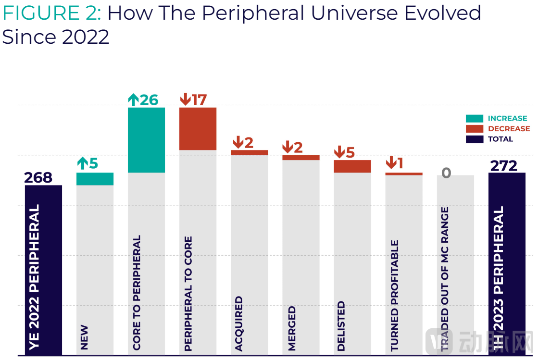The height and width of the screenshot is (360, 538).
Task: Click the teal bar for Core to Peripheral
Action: (146, 140)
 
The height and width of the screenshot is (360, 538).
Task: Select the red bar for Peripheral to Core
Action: (198, 129)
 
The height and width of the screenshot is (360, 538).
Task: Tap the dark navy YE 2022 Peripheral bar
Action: (43, 269)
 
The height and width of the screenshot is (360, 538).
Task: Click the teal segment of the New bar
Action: (95, 179)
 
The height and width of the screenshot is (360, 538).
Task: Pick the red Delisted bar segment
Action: (352, 166)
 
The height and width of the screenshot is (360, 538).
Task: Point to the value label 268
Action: (38, 177)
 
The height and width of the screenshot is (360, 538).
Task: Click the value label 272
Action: (503, 166)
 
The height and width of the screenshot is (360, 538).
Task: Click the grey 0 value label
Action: (446, 173)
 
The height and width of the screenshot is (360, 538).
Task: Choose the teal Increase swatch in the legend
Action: (475, 118)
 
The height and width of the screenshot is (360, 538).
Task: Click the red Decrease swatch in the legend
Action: (475, 129)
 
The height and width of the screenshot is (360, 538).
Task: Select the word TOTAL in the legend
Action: (500, 139)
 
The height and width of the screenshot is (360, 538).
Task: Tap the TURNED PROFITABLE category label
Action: (395, 296)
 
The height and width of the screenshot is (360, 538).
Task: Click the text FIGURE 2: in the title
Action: (52, 13)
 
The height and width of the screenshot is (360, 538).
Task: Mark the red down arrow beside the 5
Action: (339, 152)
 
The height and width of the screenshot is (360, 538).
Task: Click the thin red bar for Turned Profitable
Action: (404, 174)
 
